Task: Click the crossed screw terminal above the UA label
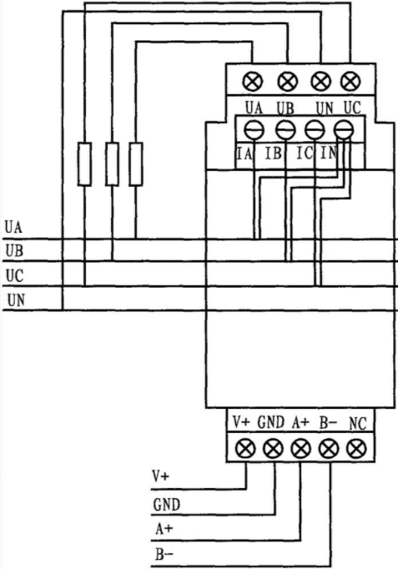coord(253,81)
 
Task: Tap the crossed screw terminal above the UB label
coord(288,81)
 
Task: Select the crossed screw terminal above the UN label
coord(320,81)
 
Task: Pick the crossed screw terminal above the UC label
coord(350,81)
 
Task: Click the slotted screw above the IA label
coord(254,130)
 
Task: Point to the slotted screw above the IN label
coord(343,130)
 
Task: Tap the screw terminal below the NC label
coord(356,449)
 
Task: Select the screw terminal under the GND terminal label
coord(273,449)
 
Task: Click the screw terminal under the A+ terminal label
coord(300,449)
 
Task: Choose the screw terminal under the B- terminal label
coord(329,449)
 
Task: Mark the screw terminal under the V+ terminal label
coord(245,449)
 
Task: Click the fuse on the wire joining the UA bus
coord(136,164)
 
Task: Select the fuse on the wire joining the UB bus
coord(112,164)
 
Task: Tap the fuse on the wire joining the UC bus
coord(84,164)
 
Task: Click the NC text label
coord(358,424)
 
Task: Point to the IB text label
coord(273,154)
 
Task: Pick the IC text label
coord(304,154)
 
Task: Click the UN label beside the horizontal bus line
coord(17,300)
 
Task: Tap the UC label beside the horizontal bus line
coord(14,276)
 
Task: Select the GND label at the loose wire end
coord(167,505)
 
